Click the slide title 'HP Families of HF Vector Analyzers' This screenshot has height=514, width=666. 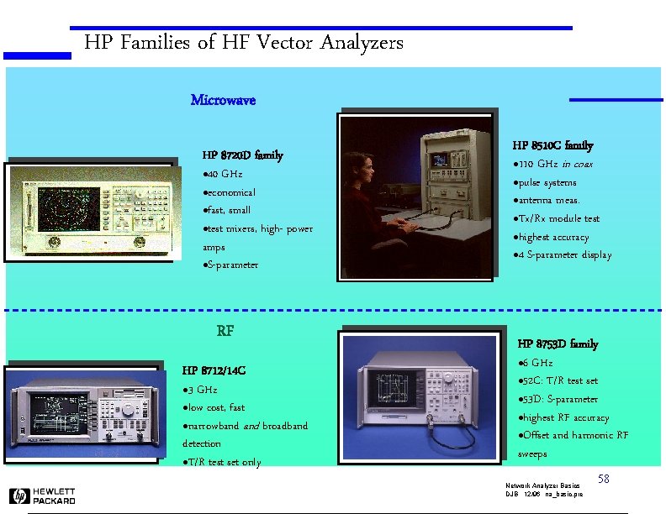coord(244,42)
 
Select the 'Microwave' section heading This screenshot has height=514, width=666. coord(223,100)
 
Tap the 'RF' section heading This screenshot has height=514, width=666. coord(225,330)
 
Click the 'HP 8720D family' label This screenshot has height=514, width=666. coord(242,155)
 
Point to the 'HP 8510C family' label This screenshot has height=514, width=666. coord(552,145)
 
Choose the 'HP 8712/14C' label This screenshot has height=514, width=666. coord(214,370)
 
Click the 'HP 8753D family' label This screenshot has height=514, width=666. coord(558,344)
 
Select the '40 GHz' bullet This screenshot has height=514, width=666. coord(223,174)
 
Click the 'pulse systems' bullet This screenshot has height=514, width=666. coord(544,182)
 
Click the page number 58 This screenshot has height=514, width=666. coord(603,479)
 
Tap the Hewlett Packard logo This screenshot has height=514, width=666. coord(43,496)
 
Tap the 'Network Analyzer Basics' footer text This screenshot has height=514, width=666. coord(542,486)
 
